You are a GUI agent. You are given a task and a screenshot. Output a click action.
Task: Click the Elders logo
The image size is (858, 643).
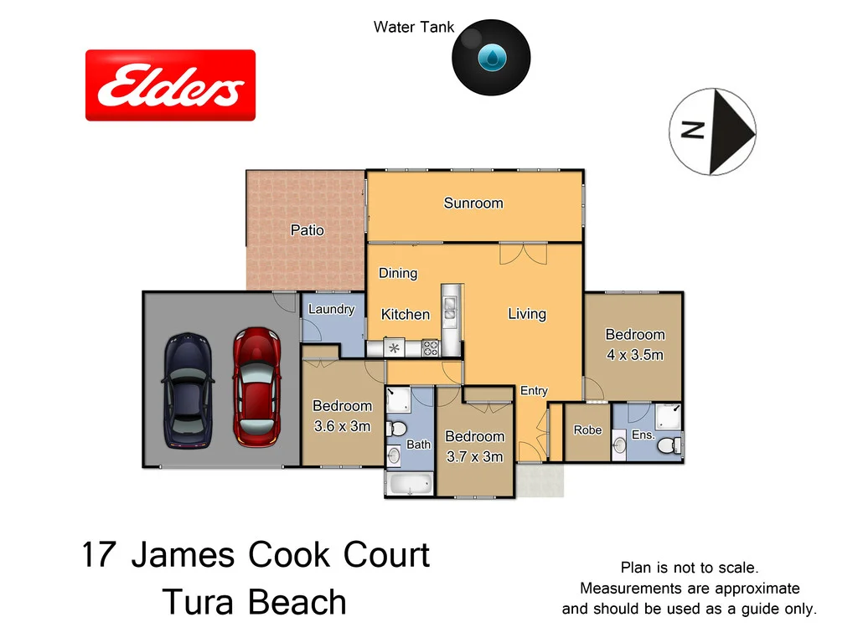170,85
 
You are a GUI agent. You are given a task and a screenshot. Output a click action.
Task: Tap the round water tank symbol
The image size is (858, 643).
491,57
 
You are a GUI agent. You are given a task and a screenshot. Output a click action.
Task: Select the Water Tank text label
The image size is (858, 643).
414,27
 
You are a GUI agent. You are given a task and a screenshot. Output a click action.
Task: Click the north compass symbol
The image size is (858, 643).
713,131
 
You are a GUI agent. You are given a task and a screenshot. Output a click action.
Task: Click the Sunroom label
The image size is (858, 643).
473,203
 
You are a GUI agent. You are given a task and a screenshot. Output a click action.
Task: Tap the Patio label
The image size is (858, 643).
307,229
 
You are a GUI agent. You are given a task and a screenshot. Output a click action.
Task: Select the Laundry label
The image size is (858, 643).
331,309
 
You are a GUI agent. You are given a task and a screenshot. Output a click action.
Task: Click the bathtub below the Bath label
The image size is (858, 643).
409,485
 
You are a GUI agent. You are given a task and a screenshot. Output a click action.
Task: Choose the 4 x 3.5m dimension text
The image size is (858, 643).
634,354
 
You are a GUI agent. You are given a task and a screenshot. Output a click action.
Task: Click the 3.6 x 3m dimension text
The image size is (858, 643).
342,426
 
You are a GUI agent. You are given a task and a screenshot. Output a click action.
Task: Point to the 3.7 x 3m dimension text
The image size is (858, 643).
474,456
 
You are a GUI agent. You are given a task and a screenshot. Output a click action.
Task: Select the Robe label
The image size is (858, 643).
587,430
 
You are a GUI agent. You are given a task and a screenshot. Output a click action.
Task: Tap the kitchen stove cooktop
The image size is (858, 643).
431,347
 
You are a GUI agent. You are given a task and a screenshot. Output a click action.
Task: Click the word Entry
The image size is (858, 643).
534,391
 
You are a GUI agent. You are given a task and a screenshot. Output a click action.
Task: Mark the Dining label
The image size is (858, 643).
397,273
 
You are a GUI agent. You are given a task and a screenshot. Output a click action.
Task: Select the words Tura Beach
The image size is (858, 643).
254,602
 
